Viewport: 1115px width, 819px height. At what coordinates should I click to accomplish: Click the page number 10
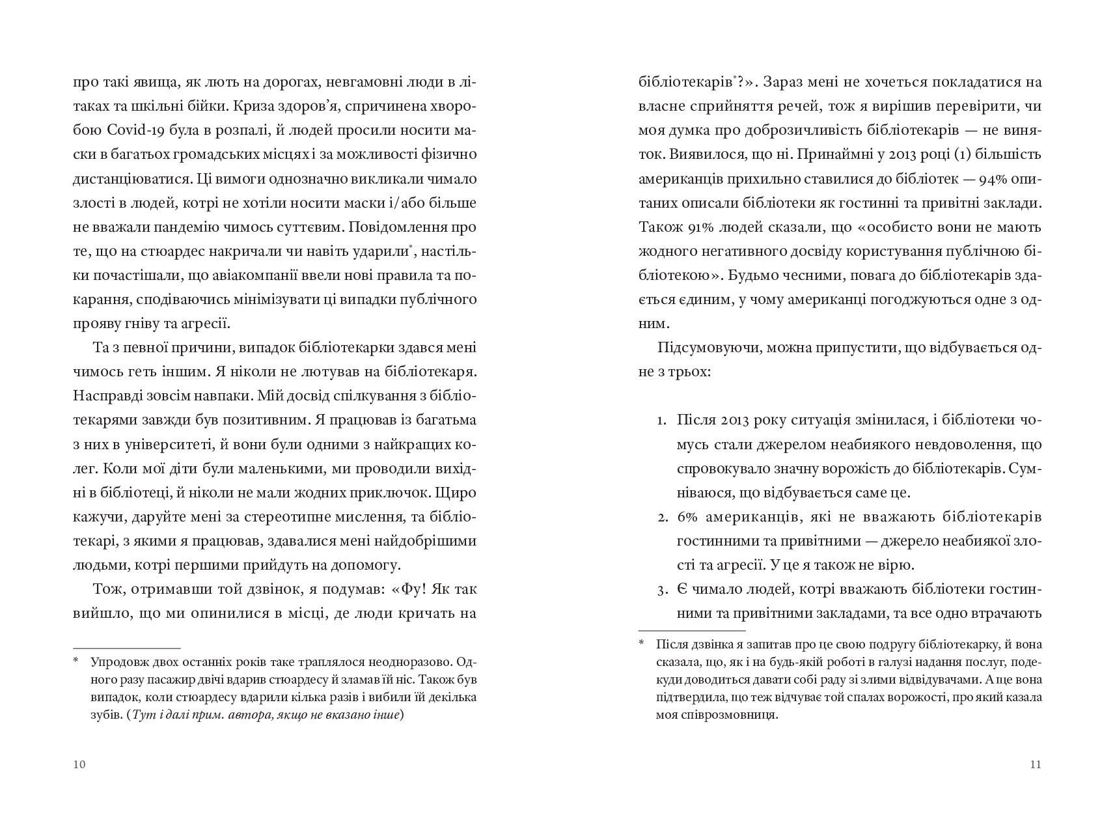pyautogui.click(x=79, y=764)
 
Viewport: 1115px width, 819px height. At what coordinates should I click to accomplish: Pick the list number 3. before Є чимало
pyautogui.click(x=661, y=590)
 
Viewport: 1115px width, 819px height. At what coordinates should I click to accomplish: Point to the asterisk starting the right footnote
pyautogui.click(x=641, y=644)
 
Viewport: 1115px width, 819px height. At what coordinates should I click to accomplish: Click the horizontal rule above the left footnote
pyautogui.click(x=127, y=648)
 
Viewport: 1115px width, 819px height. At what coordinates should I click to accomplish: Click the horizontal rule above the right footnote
pyautogui.click(x=692, y=630)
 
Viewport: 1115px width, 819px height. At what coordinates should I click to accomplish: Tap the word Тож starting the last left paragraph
pyautogui.click(x=108, y=590)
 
